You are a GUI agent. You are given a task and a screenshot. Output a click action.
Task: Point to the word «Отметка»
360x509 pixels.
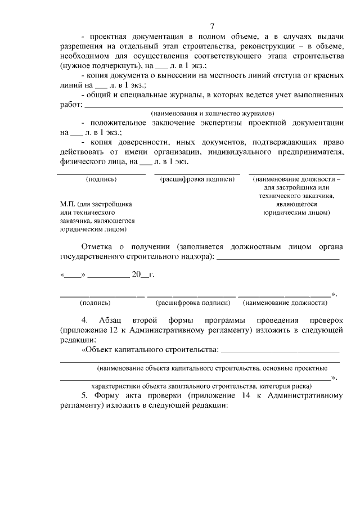pyautogui.click(x=97, y=247)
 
